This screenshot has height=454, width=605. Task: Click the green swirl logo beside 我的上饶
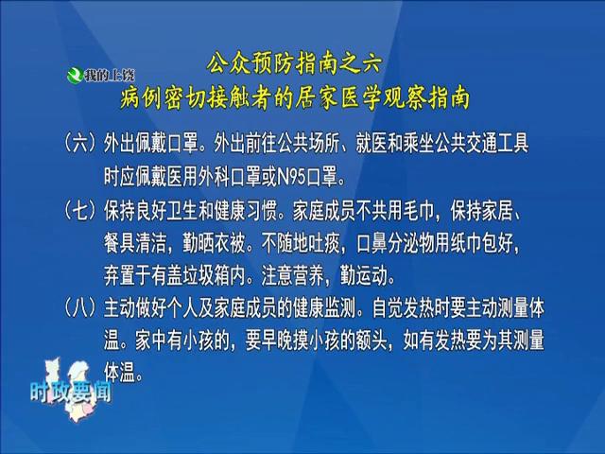click(x=75, y=75)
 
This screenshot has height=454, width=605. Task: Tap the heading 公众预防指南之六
click(x=294, y=63)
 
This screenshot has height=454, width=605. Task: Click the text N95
click(x=292, y=178)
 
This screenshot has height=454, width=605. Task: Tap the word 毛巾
click(x=419, y=211)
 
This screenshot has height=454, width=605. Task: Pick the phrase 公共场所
click(x=308, y=144)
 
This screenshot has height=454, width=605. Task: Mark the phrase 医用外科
click(x=198, y=178)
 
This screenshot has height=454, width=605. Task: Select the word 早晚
click(x=277, y=340)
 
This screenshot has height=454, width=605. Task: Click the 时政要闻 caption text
click(x=71, y=393)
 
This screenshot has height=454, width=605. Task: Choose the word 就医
click(x=372, y=144)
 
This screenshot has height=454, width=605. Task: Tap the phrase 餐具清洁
click(x=134, y=243)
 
